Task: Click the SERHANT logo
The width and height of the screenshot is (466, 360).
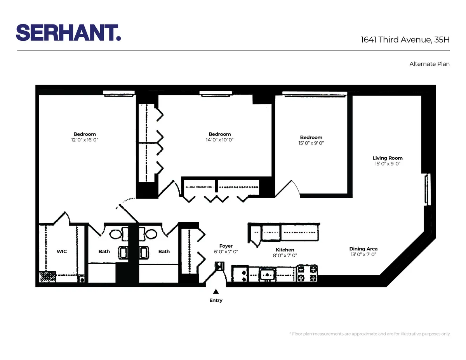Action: coord(68,32)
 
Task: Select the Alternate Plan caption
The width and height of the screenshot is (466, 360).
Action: coord(429,64)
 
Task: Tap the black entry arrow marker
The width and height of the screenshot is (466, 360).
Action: coord(216,291)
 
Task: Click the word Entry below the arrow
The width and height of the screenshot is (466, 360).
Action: coord(216,300)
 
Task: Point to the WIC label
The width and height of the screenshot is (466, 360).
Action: coord(62,251)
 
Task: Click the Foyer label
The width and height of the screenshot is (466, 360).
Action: coord(226,246)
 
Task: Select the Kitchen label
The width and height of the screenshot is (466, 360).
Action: coord(285,250)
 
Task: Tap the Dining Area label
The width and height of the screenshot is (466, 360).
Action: coord(363,249)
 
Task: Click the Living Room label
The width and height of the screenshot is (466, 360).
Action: coord(388,158)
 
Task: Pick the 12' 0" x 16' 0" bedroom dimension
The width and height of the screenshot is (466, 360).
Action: coord(85,139)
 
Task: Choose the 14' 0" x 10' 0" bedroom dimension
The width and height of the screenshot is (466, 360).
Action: coord(219,139)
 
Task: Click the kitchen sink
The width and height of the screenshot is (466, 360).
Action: coord(268,274)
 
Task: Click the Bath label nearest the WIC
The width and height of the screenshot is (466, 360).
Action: coord(104,251)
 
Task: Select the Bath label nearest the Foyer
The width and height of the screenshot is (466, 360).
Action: coord(164,251)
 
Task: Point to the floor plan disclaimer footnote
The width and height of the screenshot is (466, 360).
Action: coord(370,334)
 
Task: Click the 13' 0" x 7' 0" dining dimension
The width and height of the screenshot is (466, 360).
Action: coord(363,255)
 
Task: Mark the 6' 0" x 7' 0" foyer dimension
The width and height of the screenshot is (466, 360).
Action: coord(226,252)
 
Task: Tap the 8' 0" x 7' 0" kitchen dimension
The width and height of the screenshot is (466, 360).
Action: coord(285,256)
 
